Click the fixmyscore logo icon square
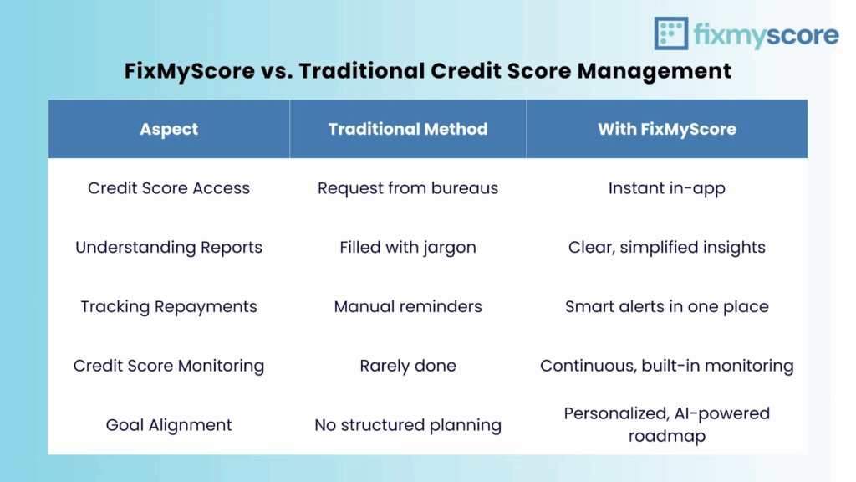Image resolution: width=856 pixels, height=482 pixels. tap(671, 33)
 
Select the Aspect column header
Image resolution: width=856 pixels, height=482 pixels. tap(169, 129)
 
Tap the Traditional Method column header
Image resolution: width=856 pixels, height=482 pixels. tap(408, 129)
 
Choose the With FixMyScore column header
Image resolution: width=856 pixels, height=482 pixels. tap(666, 129)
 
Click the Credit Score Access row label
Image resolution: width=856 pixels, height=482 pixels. tap(169, 188)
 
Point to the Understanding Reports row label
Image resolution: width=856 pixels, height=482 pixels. tap(169, 248)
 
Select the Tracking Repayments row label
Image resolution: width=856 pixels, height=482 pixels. tap(169, 306)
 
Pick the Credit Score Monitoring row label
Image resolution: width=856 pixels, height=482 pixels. tap(169, 366)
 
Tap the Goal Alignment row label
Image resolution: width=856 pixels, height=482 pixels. tap(169, 425)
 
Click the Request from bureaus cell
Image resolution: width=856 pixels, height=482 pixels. tap(408, 188)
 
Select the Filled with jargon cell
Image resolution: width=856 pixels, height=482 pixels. tap(408, 248)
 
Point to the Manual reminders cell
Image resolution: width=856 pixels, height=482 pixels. tap(408, 306)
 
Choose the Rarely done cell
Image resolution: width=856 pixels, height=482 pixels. tap(408, 366)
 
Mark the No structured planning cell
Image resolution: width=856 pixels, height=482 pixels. tap(408, 425)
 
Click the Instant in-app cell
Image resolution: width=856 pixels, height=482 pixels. tap(666, 188)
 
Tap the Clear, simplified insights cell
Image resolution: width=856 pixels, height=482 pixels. tap(666, 248)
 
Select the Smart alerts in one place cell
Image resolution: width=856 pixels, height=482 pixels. tap(666, 306)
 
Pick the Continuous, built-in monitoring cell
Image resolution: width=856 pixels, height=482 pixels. tap(666, 366)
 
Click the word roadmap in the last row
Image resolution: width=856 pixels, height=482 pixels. tap(666, 436)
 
